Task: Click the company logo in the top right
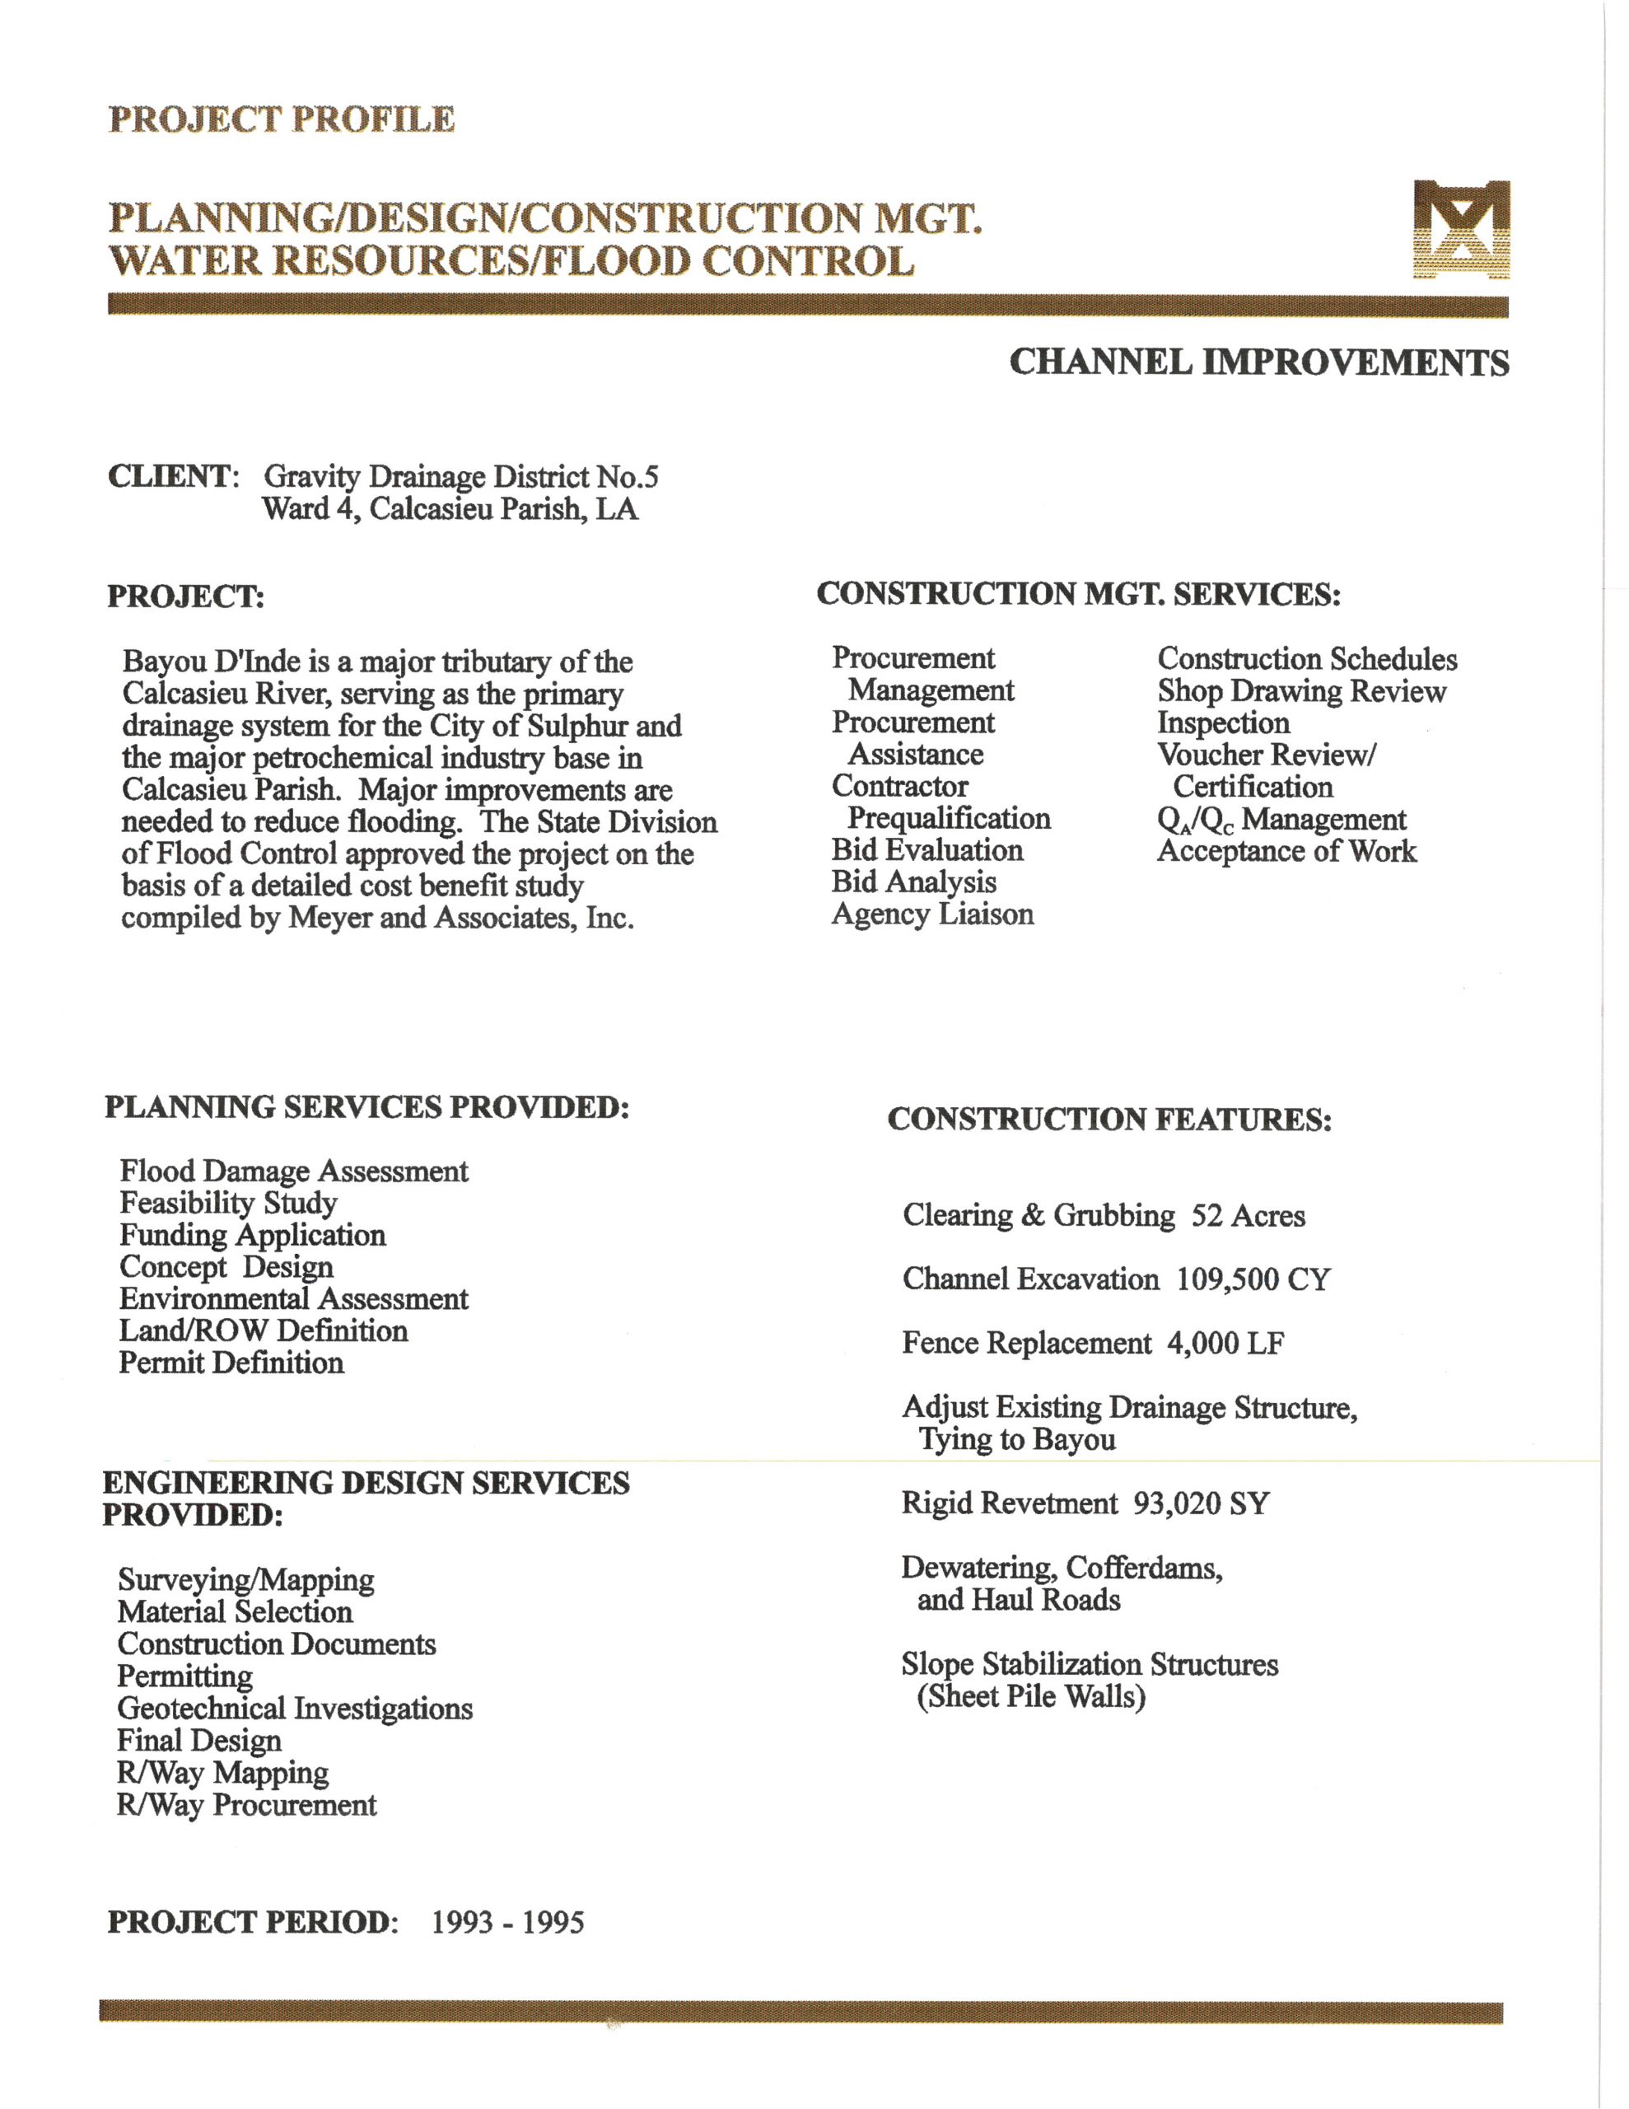pyautogui.click(x=1461, y=230)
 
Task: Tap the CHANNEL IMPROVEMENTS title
pyautogui.click(x=1258, y=363)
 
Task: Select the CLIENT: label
pyautogui.click(x=173, y=476)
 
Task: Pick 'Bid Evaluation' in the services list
pyautogui.click(x=927, y=850)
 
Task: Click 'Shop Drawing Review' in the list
pyautogui.click(x=1300, y=691)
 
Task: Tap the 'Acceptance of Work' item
pyautogui.click(x=1286, y=851)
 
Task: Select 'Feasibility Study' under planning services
pyautogui.click(x=229, y=1204)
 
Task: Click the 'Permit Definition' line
pyautogui.click(x=231, y=1363)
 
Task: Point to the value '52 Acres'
pyautogui.click(x=1248, y=1216)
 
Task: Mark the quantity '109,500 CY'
pyautogui.click(x=1253, y=1279)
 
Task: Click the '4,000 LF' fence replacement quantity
pyautogui.click(x=1225, y=1343)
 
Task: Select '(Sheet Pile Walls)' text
pyautogui.click(x=1031, y=1695)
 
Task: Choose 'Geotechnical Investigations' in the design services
pyautogui.click(x=296, y=1709)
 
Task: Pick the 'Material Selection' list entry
pyautogui.click(x=236, y=1611)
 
